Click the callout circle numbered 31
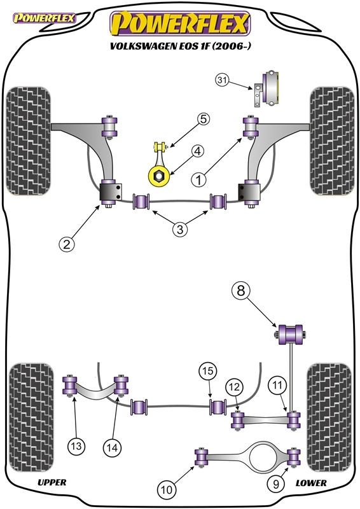coord(222,80)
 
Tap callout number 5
coord(203,119)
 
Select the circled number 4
coord(198,151)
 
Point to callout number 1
coord(198,179)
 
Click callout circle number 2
coord(67,244)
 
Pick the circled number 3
coord(180,230)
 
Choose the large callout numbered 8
coord(241,291)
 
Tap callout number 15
coord(208,371)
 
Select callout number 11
coord(277,386)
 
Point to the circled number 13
coord(76,446)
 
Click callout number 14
coord(112,448)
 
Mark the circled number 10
coord(167,489)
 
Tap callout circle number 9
coord(276,484)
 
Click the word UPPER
coord(52,482)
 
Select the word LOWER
coord(311,483)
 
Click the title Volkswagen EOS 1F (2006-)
coord(181,46)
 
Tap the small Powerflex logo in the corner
coord(44,18)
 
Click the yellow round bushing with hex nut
coord(159,176)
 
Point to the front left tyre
coord(29,141)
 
